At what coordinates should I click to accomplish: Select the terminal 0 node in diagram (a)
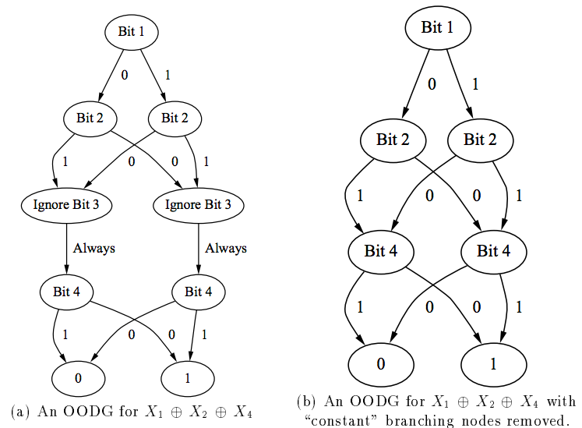click(x=78, y=377)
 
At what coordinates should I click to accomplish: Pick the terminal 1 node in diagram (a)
click(x=187, y=377)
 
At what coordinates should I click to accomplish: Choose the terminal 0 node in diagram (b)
click(x=381, y=363)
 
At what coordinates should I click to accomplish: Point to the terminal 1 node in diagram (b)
click(x=493, y=363)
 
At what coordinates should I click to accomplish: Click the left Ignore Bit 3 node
click(x=67, y=206)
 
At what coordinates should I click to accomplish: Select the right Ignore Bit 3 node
click(x=198, y=206)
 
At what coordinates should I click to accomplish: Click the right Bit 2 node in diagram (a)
click(x=175, y=118)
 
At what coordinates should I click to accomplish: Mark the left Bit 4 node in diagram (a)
click(x=66, y=293)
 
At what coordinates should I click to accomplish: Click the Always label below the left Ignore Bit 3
click(x=94, y=248)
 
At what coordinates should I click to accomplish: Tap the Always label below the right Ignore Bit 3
click(x=226, y=248)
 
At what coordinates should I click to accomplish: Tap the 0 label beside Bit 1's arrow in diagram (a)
click(x=123, y=76)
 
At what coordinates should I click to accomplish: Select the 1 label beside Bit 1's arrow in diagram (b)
click(x=474, y=83)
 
